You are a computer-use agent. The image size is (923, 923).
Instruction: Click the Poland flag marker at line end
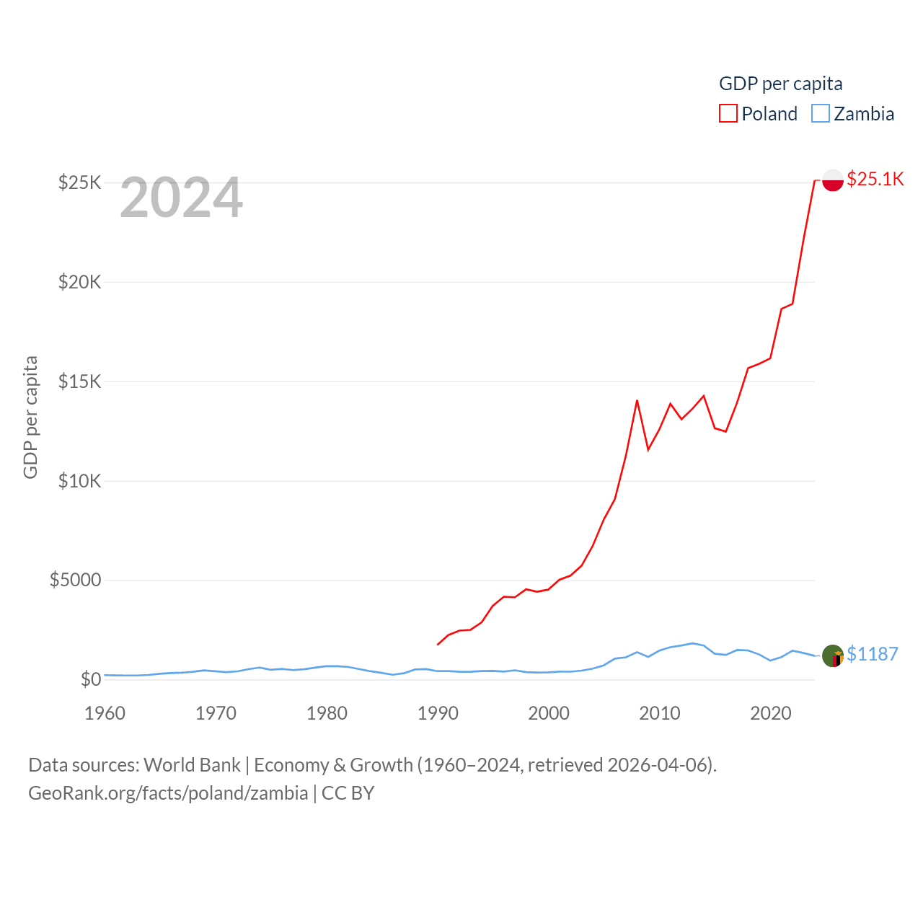[x=833, y=180]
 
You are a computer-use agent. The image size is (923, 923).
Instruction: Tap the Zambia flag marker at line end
[x=833, y=656]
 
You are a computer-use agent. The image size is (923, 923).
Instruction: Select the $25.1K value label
[x=875, y=179]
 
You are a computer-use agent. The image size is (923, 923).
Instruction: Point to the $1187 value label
[x=873, y=654]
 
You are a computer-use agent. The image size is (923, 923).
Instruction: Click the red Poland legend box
[x=728, y=114]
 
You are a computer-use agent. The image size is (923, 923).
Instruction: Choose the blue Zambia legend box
[x=821, y=114]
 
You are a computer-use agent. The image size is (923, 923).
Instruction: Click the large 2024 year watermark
[x=182, y=198]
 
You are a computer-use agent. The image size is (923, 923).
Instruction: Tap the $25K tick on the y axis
[x=80, y=182]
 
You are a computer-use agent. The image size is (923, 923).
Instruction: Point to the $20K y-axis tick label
[x=80, y=282]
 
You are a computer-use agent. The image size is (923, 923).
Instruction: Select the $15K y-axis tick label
[x=80, y=381]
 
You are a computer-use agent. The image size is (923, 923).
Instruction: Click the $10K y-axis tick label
[x=80, y=481]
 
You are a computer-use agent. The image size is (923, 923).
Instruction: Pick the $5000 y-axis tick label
[x=76, y=580]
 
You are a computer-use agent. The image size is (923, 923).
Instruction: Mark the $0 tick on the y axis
[x=91, y=680]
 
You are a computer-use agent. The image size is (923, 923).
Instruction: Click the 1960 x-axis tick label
[x=105, y=714]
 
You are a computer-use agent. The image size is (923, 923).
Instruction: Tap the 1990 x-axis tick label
[x=438, y=714]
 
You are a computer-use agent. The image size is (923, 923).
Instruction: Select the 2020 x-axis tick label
[x=771, y=714]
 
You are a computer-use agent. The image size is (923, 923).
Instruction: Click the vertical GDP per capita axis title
[x=30, y=417]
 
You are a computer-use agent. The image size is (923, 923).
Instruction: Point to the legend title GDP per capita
[x=781, y=84]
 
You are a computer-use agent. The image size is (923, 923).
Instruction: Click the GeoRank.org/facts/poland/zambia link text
[x=168, y=793]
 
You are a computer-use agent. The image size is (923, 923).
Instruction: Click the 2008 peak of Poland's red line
[x=637, y=400]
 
